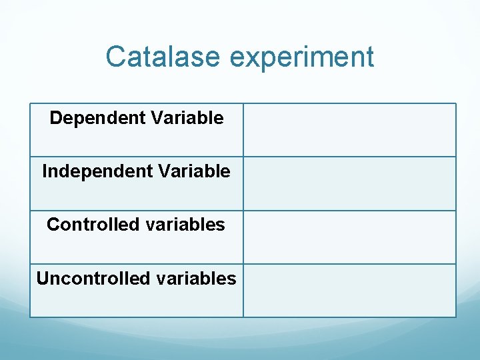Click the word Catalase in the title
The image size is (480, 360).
tap(163, 57)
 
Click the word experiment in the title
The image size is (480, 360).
tap(301, 58)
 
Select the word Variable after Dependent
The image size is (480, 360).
tap(187, 118)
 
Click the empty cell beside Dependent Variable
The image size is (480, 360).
tap(349, 130)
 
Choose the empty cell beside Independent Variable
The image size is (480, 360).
tap(349, 183)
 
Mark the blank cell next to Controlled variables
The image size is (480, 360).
tap(349, 237)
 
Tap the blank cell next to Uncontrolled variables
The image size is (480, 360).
tap(349, 291)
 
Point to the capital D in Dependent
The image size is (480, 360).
tap(55, 118)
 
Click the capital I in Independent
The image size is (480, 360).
tap(45, 171)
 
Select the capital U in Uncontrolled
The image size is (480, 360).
tap(42, 278)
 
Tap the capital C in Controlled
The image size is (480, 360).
tap(53, 225)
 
